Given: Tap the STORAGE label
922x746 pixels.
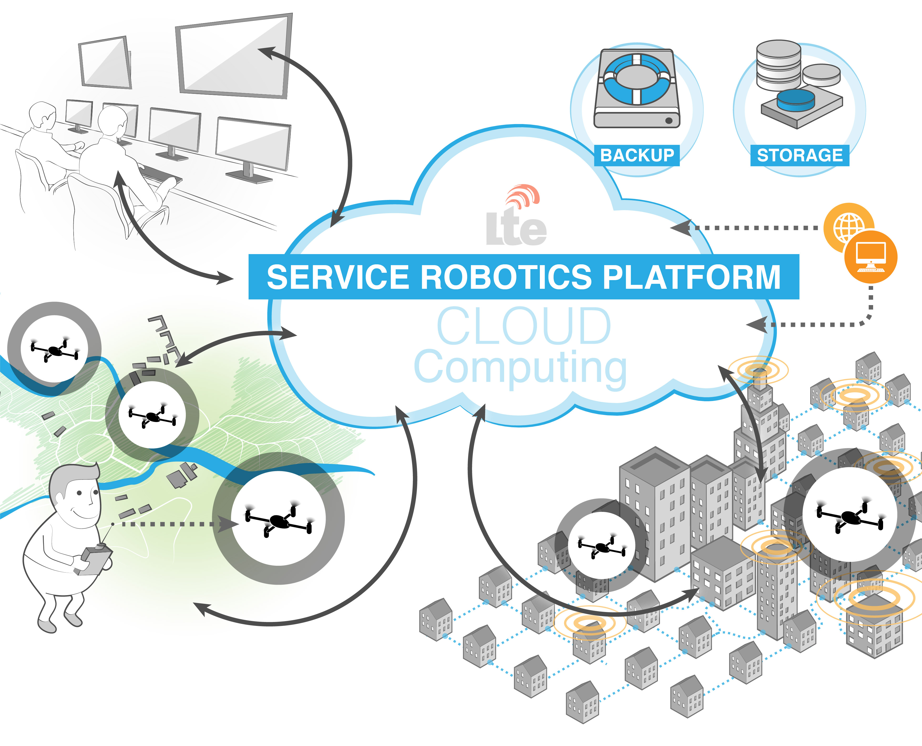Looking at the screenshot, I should click(x=800, y=155).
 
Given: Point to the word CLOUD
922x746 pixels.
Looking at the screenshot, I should click(x=524, y=327).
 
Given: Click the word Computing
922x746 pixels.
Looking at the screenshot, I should click(x=520, y=367).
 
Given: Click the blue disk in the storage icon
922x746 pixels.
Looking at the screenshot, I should click(x=795, y=100).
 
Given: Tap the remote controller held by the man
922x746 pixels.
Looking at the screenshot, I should click(x=95, y=559).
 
